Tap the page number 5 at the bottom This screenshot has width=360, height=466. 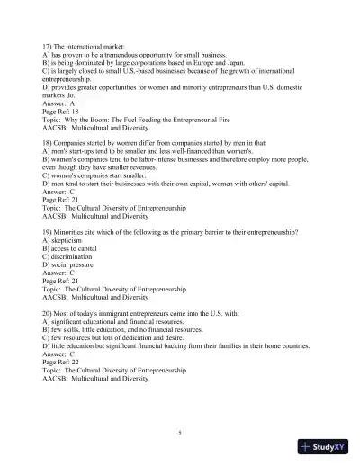(x=180, y=433)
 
